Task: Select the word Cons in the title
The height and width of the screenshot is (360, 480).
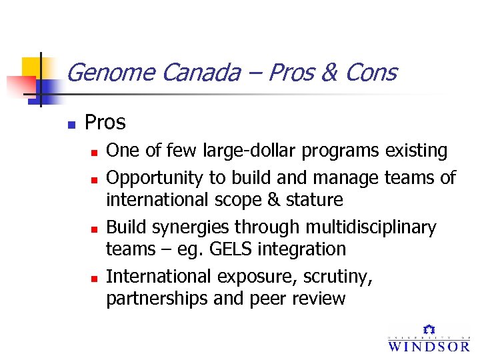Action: tap(370, 72)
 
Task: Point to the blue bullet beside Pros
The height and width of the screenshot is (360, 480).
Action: tap(71, 124)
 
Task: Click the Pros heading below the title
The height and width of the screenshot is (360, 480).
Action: tap(105, 123)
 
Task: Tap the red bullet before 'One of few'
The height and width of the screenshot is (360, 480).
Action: tap(95, 153)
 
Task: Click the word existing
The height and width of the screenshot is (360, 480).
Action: tap(417, 151)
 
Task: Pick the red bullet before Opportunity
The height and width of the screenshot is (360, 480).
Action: tap(95, 179)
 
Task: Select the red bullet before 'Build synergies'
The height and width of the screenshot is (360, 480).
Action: tap(95, 229)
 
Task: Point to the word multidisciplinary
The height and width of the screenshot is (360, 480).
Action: tap(371, 228)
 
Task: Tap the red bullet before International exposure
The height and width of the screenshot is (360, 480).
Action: tap(95, 277)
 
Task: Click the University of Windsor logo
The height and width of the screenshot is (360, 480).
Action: tap(429, 339)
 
